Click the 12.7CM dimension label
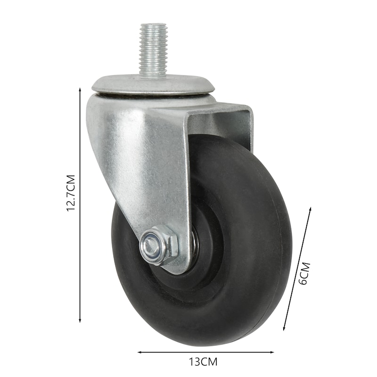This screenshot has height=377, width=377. (x=71, y=193)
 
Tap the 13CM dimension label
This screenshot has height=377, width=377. (x=204, y=361)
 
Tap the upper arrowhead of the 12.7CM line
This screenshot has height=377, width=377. (x=80, y=90)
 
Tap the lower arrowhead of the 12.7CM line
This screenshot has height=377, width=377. (x=80, y=320)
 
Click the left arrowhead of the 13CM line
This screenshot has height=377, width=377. (x=140, y=352)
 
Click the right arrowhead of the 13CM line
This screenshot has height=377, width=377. (x=271, y=352)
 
